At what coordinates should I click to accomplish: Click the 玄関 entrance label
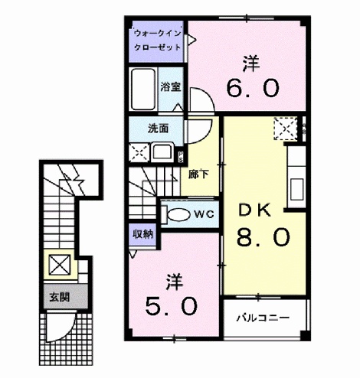[x=60, y=297]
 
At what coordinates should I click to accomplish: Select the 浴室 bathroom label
[x=171, y=87]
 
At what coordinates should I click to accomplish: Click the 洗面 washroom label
[x=159, y=129]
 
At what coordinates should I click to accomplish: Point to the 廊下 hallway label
[x=198, y=174]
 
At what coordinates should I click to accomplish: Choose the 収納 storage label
[x=142, y=234]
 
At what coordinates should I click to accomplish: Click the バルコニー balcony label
[x=263, y=318]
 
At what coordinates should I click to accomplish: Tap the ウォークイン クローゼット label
[x=158, y=41]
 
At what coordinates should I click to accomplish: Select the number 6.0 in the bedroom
[x=253, y=88]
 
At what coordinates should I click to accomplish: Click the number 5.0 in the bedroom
[x=172, y=306]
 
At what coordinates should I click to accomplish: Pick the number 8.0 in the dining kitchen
[x=263, y=236]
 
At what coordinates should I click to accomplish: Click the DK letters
[x=254, y=211]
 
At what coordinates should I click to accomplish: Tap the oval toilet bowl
[x=178, y=215]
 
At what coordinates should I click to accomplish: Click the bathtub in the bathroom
[x=143, y=90]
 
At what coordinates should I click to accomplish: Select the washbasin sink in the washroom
[x=162, y=153]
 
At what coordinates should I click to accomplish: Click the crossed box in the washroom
[x=139, y=152]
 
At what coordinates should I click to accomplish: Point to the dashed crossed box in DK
[x=286, y=129]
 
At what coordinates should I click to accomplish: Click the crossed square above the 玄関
[x=60, y=265]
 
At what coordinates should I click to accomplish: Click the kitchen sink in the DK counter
[x=297, y=189]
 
